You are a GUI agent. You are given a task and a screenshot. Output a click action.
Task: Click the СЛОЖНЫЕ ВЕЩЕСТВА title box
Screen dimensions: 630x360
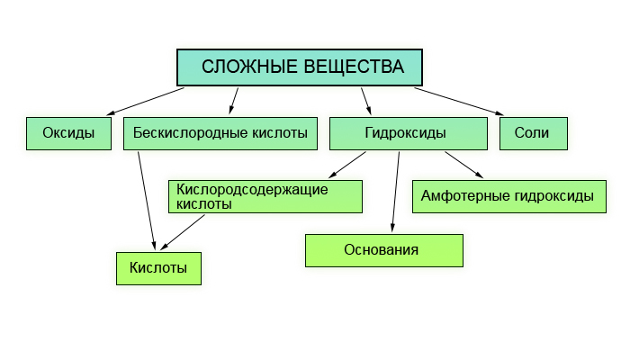[300, 67]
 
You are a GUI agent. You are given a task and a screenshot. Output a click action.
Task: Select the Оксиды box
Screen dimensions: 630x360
[68, 134]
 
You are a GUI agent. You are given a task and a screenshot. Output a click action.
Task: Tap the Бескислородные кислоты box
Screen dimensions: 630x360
[220, 134]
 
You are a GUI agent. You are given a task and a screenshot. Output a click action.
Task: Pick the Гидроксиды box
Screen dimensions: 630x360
[409, 134]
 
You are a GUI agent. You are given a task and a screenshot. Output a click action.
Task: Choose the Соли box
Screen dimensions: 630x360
[534, 134]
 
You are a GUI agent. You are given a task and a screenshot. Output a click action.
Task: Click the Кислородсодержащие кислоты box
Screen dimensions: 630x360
[265, 196]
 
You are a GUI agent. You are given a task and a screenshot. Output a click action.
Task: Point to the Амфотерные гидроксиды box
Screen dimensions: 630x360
[509, 196]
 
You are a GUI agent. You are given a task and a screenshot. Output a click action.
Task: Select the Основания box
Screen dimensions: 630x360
[384, 251]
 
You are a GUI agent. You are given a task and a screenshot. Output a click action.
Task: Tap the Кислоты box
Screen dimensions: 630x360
[158, 269]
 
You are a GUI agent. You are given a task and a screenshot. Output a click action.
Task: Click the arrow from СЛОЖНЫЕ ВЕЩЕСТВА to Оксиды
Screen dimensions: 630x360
[146, 102]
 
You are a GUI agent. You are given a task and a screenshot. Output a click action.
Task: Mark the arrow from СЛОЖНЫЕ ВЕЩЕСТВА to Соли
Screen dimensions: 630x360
[459, 102]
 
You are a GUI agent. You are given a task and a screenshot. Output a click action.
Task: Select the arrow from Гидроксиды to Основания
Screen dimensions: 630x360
[396, 192]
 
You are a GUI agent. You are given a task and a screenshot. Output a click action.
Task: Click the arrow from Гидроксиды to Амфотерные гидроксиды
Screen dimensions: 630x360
[464, 165]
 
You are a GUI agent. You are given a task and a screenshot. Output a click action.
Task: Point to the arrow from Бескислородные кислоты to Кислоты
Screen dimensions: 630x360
[147, 201]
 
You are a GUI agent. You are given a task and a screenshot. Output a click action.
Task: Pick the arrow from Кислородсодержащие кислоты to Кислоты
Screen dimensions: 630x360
[183, 232]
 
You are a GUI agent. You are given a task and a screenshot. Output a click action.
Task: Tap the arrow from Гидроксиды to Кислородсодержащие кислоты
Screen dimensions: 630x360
[347, 165]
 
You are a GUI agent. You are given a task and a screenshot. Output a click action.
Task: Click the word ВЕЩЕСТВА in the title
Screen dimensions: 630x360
[354, 67]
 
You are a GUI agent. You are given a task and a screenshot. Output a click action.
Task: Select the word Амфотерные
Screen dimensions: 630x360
[465, 196]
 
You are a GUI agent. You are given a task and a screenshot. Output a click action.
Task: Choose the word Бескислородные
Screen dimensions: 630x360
[190, 133]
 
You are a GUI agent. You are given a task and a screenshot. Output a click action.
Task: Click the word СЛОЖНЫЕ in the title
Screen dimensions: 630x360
[249, 67]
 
